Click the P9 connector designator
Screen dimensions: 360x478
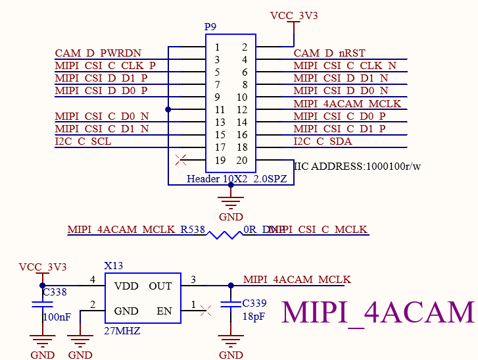point(210,27)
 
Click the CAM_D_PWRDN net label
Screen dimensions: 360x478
point(98,53)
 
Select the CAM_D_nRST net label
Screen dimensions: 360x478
point(329,53)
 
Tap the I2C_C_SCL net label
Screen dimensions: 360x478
point(83,141)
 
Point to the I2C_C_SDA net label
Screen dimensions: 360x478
point(323,141)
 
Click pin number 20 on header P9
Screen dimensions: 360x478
point(242,160)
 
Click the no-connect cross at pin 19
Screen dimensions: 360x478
point(183,159)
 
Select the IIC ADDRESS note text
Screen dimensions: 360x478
point(357,167)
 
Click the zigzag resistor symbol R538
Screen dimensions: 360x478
point(224,234)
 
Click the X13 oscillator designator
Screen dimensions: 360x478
point(113,266)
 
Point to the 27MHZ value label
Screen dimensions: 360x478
point(122,331)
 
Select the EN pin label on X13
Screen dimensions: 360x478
point(164,311)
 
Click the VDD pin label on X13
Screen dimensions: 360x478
point(126,286)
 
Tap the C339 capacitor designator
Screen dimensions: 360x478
point(255,303)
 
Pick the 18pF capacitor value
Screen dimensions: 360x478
point(254,317)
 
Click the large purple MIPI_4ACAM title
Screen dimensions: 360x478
point(378,312)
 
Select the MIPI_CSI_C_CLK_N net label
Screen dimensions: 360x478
point(345,66)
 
